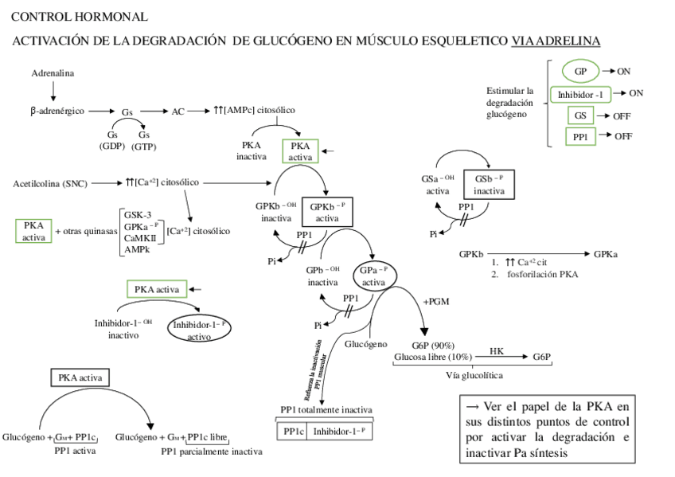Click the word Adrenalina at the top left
click(53, 73)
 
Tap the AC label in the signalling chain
click(178, 111)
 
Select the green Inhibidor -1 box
click(579, 94)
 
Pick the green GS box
click(581, 115)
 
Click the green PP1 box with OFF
click(581, 136)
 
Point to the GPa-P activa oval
click(374, 276)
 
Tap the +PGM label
click(436, 302)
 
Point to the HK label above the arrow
click(497, 350)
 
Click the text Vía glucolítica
click(474, 375)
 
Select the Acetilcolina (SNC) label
click(49, 183)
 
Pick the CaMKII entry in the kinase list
click(139, 238)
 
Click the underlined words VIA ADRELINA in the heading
click(556, 41)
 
